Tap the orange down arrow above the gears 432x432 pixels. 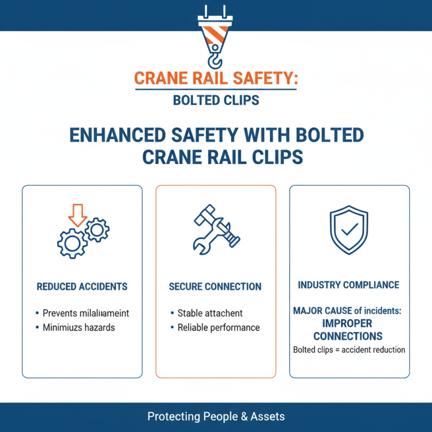click(77, 214)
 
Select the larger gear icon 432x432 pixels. click(72, 242)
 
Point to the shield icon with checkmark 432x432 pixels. click(349, 230)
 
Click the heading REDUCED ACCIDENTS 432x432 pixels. click(82, 287)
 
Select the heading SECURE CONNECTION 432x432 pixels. click(215, 287)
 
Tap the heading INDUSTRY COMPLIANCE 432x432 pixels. click(349, 285)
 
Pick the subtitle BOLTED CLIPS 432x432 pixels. click(216, 100)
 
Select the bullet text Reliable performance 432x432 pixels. click(219, 328)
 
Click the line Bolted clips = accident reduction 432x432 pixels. click(349, 350)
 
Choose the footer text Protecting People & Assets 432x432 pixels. click(216, 417)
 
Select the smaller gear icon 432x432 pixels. click(97, 230)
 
